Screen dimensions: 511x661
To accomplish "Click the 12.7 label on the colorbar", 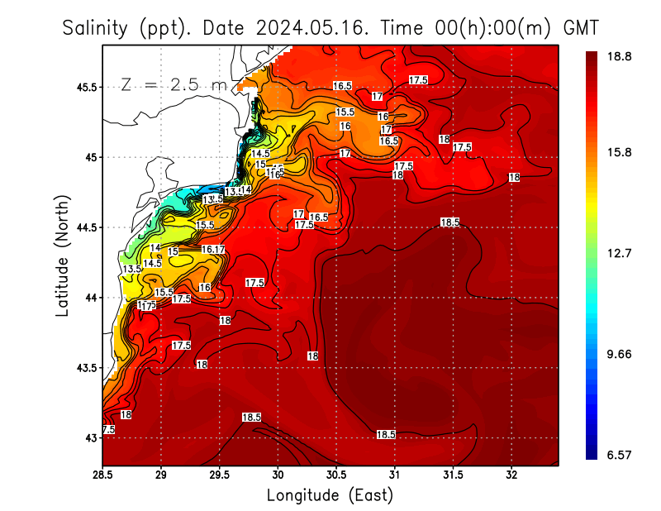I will [620, 253].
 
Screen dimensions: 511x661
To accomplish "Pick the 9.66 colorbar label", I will [620, 354].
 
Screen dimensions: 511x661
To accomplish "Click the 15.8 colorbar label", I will [620, 153].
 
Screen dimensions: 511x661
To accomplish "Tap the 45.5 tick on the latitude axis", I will [85, 87].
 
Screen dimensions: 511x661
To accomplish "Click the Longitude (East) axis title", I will [330, 495].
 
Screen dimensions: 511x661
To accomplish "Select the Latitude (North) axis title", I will [63, 255].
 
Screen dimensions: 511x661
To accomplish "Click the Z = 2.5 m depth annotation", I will [173, 85].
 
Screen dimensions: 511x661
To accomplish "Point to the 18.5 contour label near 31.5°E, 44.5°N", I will [449, 222].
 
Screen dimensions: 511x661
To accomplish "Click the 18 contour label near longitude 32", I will [514, 178].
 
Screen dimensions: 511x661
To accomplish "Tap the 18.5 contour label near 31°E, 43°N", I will [386, 434].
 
